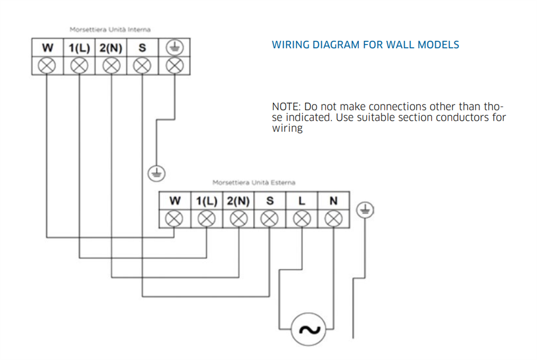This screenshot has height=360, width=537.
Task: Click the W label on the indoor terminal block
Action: (47, 48)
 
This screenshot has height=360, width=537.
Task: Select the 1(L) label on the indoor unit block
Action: (79, 48)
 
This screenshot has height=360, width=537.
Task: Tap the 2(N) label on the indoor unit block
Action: (111, 48)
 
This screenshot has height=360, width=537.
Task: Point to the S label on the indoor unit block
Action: (142, 48)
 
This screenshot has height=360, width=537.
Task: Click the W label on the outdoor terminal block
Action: (175, 201)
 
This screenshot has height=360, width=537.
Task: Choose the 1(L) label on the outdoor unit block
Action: (207, 201)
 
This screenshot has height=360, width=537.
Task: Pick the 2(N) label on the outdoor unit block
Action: (238, 201)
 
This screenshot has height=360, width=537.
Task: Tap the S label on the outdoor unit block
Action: (270, 201)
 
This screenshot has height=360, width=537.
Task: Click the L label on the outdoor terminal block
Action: (302, 201)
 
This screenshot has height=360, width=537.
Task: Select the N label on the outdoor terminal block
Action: (333, 201)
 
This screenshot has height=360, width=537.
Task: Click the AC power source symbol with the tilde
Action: (309, 329)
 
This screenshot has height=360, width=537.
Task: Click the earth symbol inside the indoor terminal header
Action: (175, 48)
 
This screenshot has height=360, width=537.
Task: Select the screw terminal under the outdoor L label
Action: (302, 218)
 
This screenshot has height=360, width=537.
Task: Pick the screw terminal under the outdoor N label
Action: (333, 218)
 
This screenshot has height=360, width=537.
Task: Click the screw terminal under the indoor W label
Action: (47, 65)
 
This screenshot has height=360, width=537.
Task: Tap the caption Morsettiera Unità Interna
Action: (110, 30)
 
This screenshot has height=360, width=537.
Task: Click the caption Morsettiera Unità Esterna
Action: (253, 182)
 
